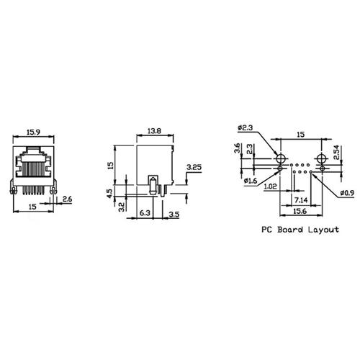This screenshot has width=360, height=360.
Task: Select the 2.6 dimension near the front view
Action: [66, 199]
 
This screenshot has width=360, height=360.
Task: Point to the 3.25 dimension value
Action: [193, 167]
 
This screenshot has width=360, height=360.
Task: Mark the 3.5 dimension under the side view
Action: [174, 214]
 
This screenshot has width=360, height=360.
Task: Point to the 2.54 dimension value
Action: [337, 154]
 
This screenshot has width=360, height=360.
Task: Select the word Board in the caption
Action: [289, 230]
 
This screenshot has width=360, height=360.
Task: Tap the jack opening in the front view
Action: [35, 166]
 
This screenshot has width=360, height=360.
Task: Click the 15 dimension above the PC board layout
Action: [300, 132]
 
